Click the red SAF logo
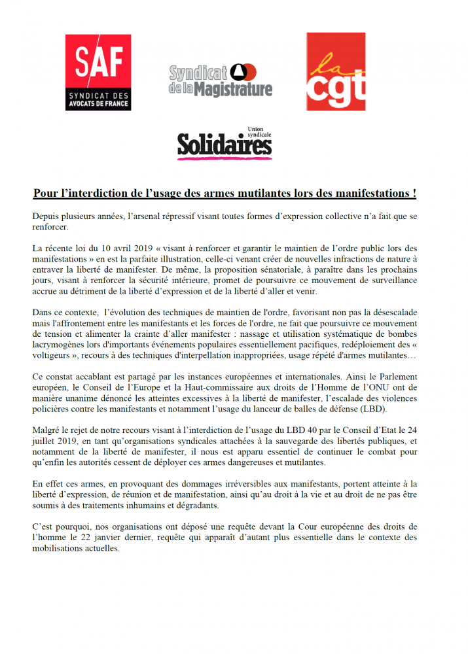pyautogui.click(x=98, y=72)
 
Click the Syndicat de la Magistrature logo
pyautogui.click(x=220, y=80)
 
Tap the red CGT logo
pyautogui.click(x=336, y=72)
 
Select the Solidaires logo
pyautogui.click(x=224, y=145)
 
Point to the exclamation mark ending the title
pyautogui.click(x=414, y=194)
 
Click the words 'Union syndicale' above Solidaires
pyautogui.click(x=259, y=131)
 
